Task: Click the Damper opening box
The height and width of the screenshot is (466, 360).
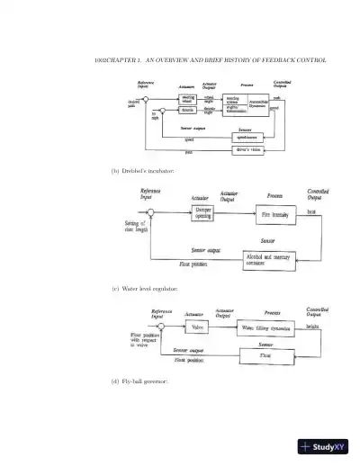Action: (204, 212)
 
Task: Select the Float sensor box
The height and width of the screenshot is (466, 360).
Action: (265, 356)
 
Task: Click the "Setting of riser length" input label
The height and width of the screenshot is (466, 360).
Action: (135, 227)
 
